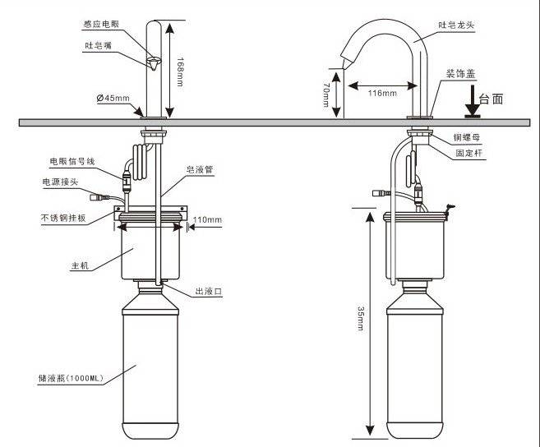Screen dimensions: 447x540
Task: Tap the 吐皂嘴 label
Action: pyautogui.click(x=98, y=45)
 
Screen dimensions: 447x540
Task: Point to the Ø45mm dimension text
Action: pyautogui.click(x=113, y=99)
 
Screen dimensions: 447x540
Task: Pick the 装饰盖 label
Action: pyautogui.click(x=462, y=74)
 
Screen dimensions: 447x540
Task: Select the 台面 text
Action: pyautogui.click(x=491, y=99)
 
